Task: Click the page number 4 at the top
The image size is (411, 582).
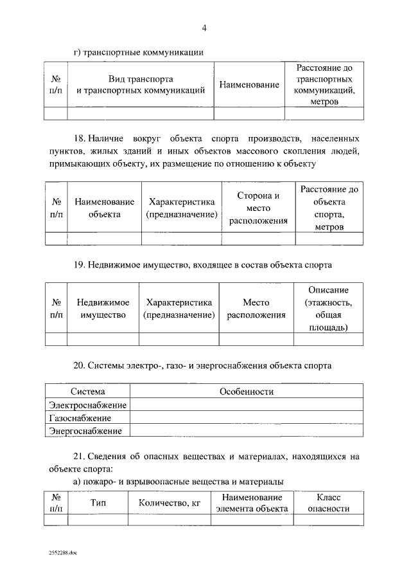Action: [x=204, y=28]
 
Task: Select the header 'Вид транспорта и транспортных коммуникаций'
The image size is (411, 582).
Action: [x=140, y=84]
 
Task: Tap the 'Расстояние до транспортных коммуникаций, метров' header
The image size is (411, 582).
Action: [x=324, y=84]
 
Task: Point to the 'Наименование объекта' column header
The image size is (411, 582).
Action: [x=104, y=208]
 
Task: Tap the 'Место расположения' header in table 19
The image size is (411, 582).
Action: [x=256, y=309]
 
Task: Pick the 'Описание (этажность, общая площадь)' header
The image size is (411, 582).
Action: [x=328, y=309]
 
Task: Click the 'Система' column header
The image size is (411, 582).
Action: [x=87, y=392]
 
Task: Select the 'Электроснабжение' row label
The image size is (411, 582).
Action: [x=87, y=405]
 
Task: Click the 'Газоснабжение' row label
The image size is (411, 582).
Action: [x=80, y=418]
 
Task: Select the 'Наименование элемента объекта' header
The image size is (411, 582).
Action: [x=252, y=503]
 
